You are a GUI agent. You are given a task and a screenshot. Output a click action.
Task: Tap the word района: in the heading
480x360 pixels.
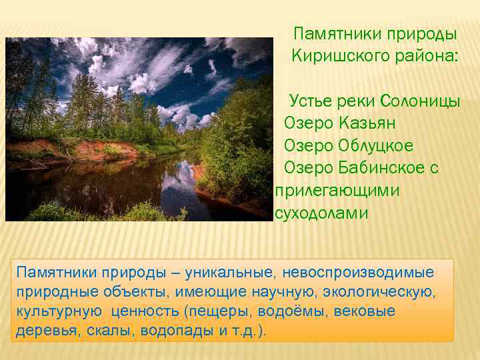[425, 54]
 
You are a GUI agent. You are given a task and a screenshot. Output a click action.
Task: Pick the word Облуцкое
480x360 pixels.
[376, 145]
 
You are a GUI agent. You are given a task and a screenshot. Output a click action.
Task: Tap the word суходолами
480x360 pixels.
[321, 213]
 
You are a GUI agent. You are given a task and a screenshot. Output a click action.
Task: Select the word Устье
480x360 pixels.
[310, 101]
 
